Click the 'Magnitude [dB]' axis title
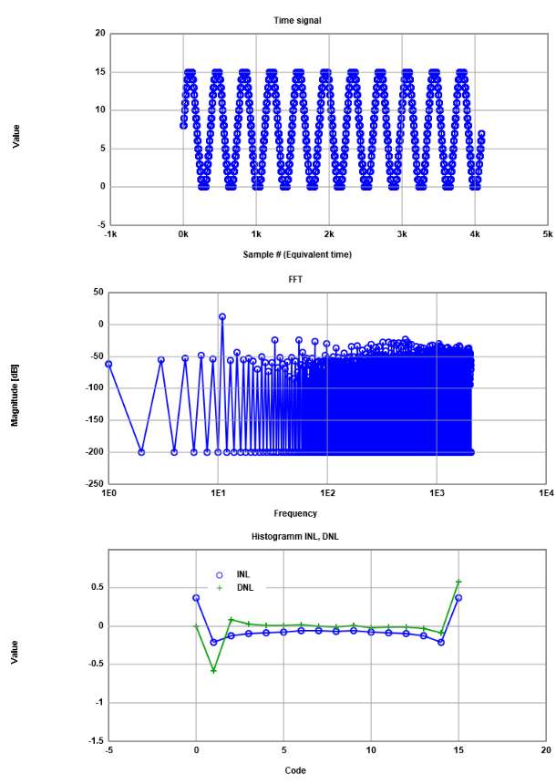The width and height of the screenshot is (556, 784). coord(15,387)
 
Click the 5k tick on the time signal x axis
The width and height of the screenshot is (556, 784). coord(547,234)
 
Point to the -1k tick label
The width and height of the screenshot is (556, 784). coord(109,234)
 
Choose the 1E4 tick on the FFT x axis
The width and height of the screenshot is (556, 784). coord(547,493)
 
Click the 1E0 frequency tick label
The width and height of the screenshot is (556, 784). coord(109,493)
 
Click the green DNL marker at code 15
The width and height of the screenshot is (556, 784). coord(458,582)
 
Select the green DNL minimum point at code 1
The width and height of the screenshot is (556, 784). coord(214,671)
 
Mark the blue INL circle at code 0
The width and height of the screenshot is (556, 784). coord(196,598)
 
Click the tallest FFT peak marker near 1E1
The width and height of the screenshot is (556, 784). coord(222,317)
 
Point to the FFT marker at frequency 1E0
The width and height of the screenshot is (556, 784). coord(109,364)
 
